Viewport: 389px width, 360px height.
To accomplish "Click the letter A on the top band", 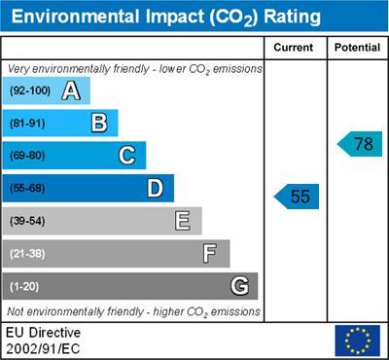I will tap(70, 91).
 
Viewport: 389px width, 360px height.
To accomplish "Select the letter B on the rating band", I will tap(98, 124).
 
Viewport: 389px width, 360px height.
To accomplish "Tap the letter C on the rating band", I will tap(126, 156).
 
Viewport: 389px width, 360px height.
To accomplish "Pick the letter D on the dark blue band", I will tap(155, 188).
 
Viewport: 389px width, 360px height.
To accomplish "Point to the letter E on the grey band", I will tap(182, 221).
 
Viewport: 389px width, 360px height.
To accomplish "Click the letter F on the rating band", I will tap(210, 254).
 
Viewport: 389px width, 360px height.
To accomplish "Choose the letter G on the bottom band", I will tap(238, 286).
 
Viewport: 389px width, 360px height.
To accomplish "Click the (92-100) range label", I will tap(30, 91).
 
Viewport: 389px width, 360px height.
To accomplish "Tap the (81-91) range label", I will tap(28, 124).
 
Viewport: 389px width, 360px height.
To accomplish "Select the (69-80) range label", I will tap(28, 156).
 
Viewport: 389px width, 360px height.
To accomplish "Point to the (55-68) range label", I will tap(28, 188).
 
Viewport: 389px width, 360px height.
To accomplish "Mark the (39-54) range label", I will tap(28, 221).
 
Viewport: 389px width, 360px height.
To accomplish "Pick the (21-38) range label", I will tap(28, 254).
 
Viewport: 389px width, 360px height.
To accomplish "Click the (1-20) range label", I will tap(25, 286).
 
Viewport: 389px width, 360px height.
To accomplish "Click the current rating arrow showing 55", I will tap(298, 197).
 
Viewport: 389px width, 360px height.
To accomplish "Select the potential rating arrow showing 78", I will tap(361, 144).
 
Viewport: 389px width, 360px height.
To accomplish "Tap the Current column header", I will tap(294, 47).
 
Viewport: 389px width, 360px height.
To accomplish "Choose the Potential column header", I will tap(357, 47).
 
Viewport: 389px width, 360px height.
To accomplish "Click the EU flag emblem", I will tap(357, 341).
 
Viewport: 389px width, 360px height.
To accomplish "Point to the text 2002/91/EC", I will tap(44, 347).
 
